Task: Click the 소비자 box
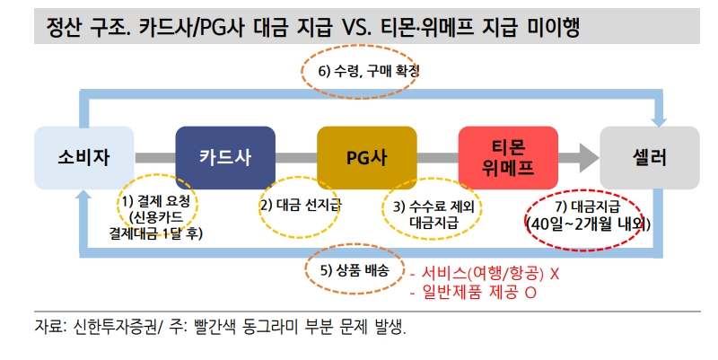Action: (x=83, y=157)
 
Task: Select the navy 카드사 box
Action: (x=225, y=157)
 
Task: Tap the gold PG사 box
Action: (x=367, y=157)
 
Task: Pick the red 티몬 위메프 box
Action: (x=508, y=157)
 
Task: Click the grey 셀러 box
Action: (x=650, y=157)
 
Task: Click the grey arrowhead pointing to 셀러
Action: (x=587, y=157)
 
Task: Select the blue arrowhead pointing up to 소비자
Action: (x=83, y=195)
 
